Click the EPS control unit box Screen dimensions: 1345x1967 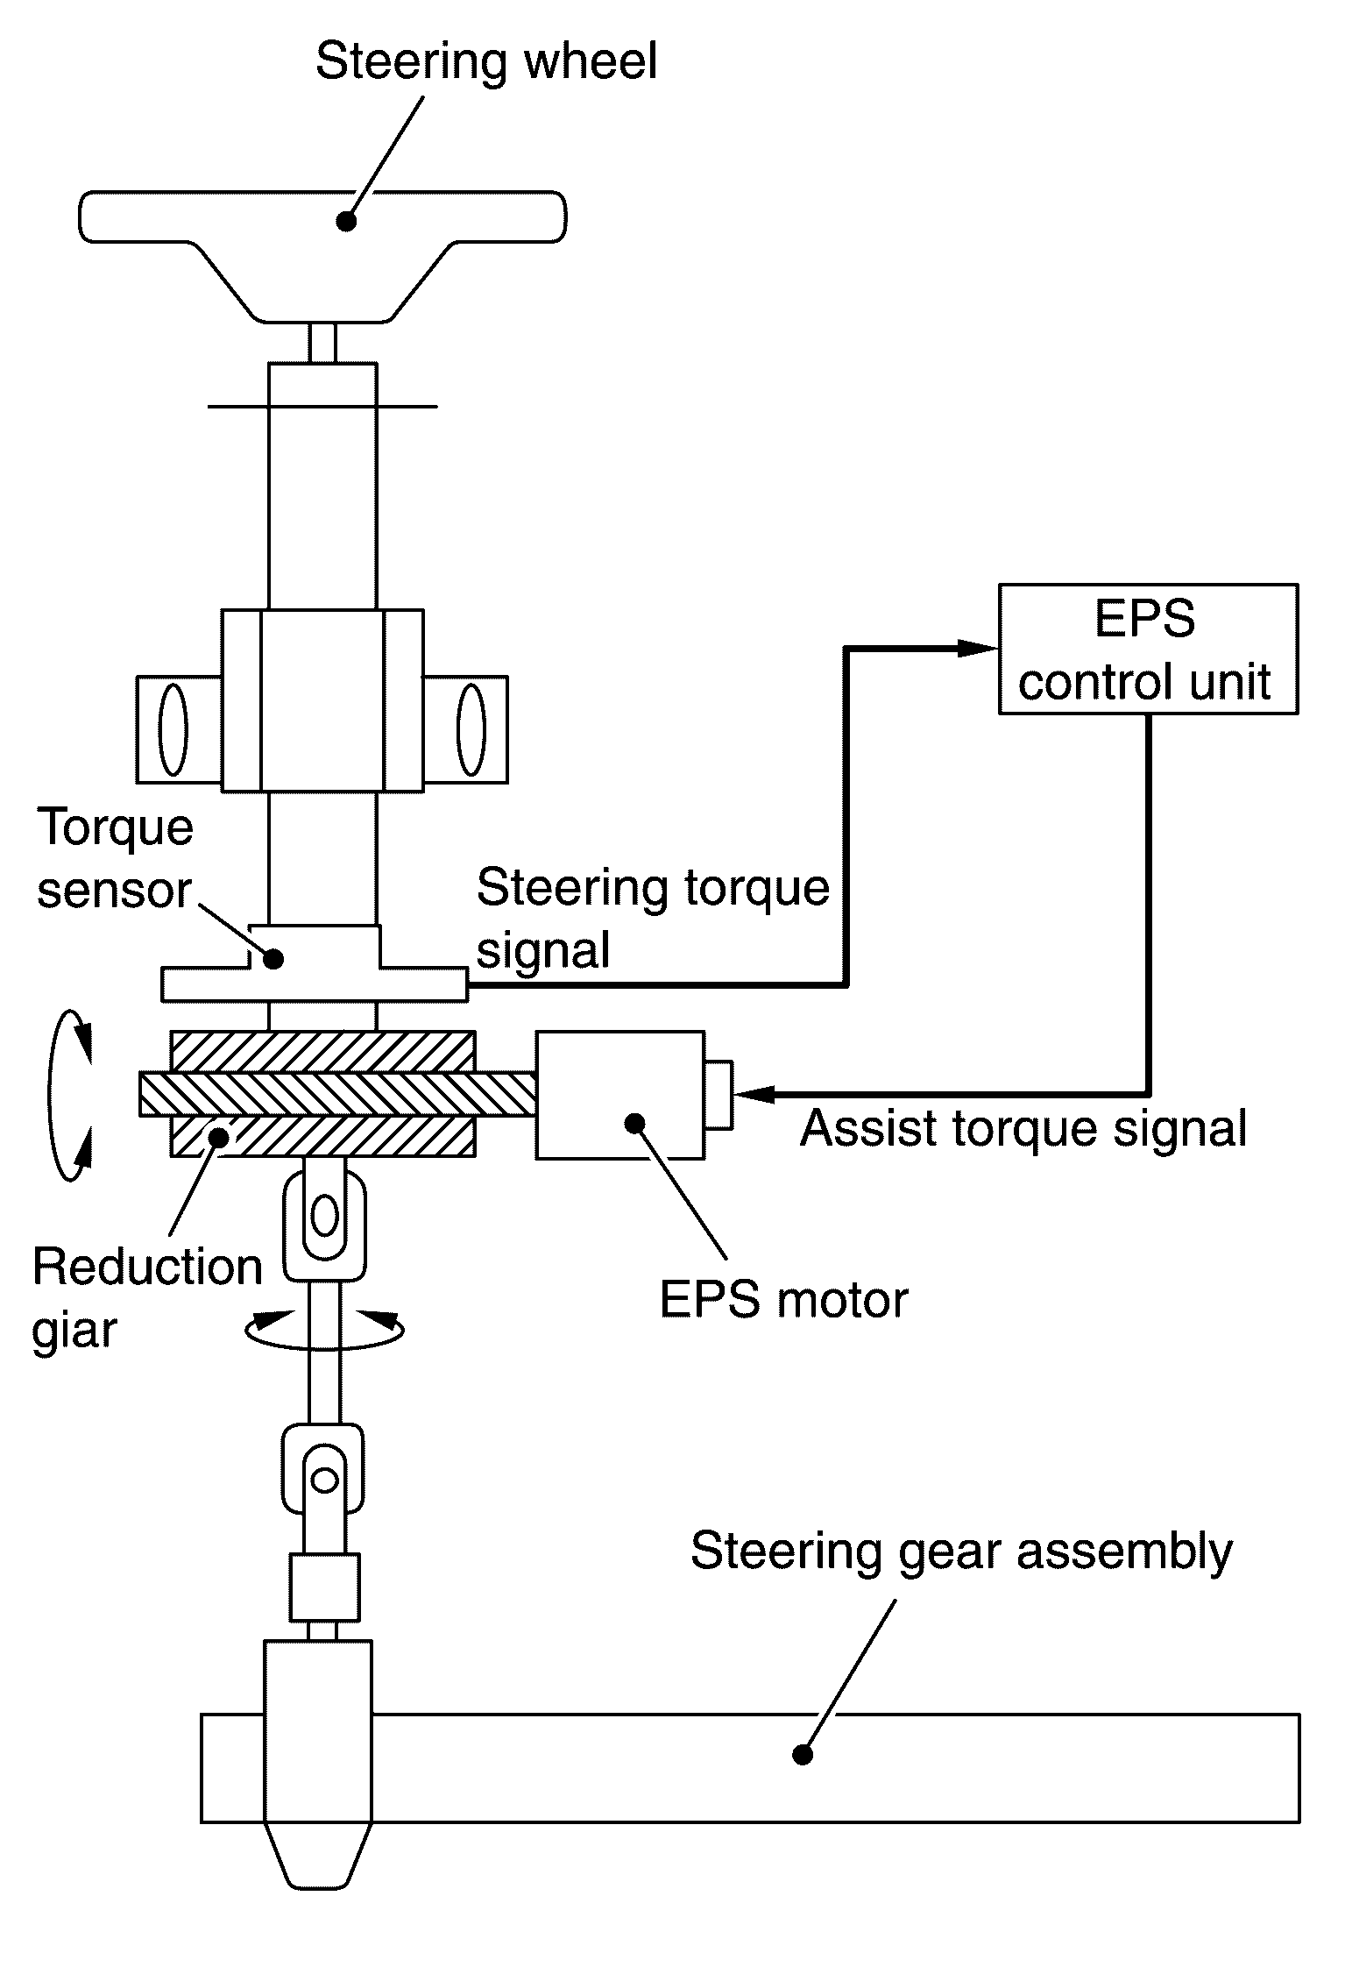(1148, 649)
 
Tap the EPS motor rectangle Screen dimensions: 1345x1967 (619, 1095)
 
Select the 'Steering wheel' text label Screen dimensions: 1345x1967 (486, 62)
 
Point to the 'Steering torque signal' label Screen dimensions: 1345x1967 (653, 918)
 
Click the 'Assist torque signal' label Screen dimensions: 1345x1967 (1023, 1128)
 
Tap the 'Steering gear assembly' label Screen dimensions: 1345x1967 (961, 1552)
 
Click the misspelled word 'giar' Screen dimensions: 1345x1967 (74, 1331)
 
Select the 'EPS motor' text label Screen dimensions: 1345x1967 (783, 1299)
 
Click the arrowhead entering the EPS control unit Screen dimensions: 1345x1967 (978, 649)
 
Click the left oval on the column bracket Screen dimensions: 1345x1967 (173, 728)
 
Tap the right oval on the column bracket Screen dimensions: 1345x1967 (471, 728)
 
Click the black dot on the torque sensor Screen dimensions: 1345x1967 (273, 959)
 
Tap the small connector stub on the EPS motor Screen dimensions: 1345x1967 (718, 1095)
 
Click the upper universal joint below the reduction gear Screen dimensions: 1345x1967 (324, 1218)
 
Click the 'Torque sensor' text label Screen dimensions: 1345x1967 (114, 860)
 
